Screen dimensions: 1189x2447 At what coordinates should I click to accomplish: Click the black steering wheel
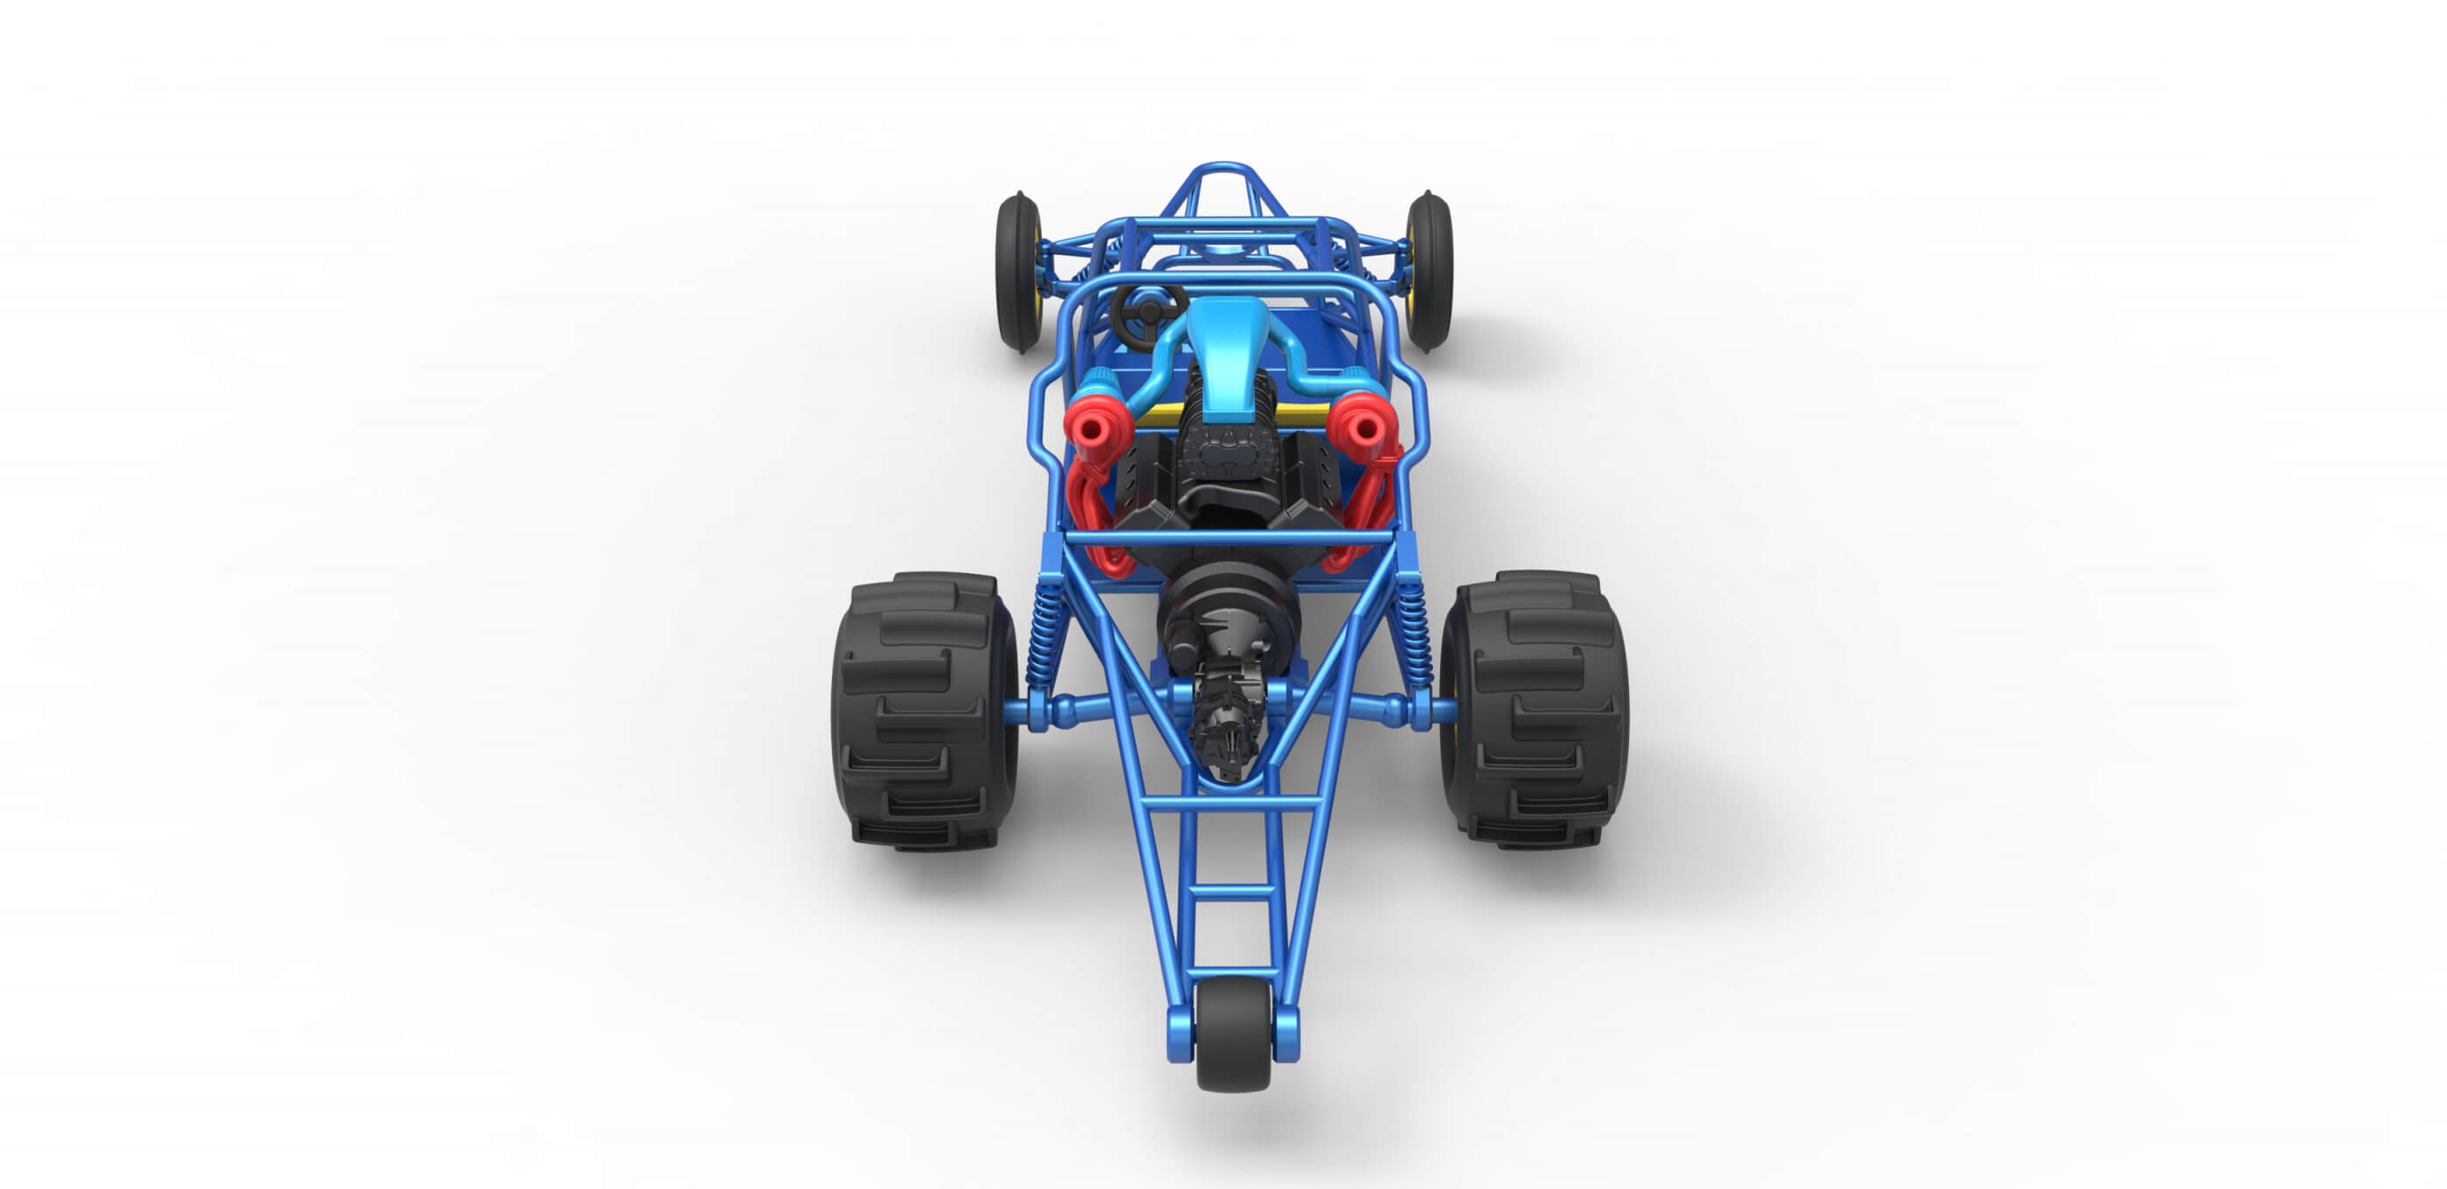[x=1147, y=308]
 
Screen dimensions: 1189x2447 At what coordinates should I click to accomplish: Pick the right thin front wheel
[x=1430, y=271]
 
